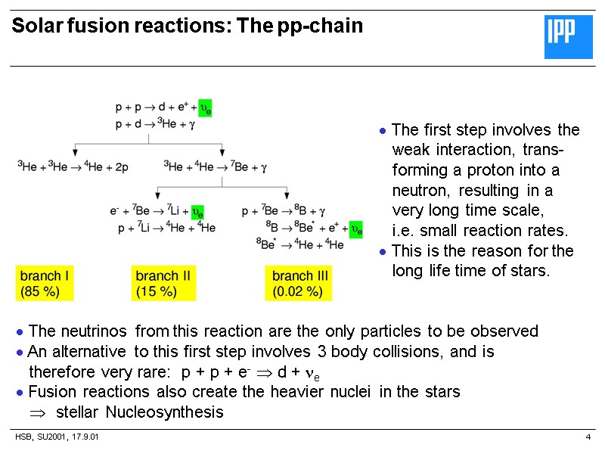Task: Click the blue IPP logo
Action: click(x=569, y=37)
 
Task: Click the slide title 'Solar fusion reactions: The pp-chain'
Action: click(x=188, y=26)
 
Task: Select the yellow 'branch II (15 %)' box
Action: click(x=164, y=283)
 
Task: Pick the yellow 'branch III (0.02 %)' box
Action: click(x=302, y=283)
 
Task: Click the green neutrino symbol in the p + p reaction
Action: click(x=205, y=108)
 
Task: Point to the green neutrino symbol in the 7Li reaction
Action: click(x=197, y=212)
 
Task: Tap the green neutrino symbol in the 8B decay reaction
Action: click(x=355, y=228)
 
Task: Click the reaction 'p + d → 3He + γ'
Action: click(x=155, y=125)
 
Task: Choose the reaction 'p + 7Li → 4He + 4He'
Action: click(x=166, y=228)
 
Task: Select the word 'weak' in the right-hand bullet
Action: click(x=411, y=149)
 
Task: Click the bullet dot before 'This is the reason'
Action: click(x=383, y=252)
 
